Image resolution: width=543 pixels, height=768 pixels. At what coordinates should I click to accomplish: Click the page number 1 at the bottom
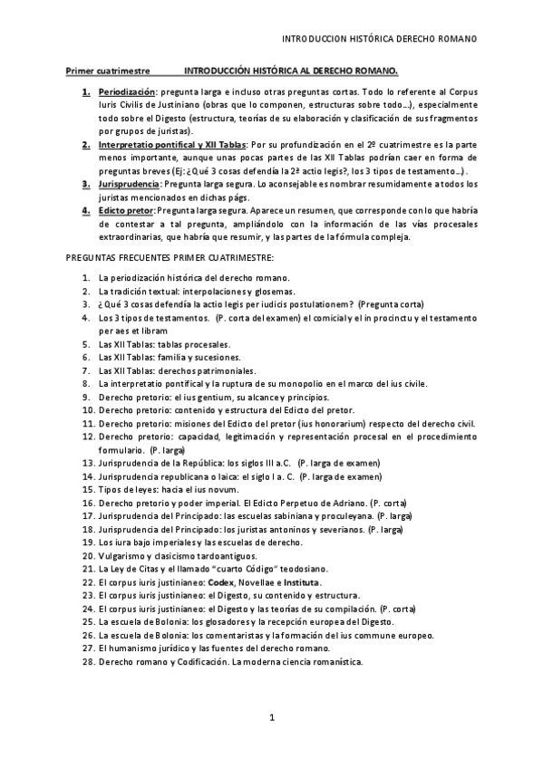pos(271,718)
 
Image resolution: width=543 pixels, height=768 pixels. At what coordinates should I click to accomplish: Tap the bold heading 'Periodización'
pos(127,92)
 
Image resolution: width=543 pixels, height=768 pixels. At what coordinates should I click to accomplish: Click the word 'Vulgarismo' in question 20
pos(124,555)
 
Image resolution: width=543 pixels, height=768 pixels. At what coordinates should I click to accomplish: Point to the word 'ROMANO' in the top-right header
pos(458,39)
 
